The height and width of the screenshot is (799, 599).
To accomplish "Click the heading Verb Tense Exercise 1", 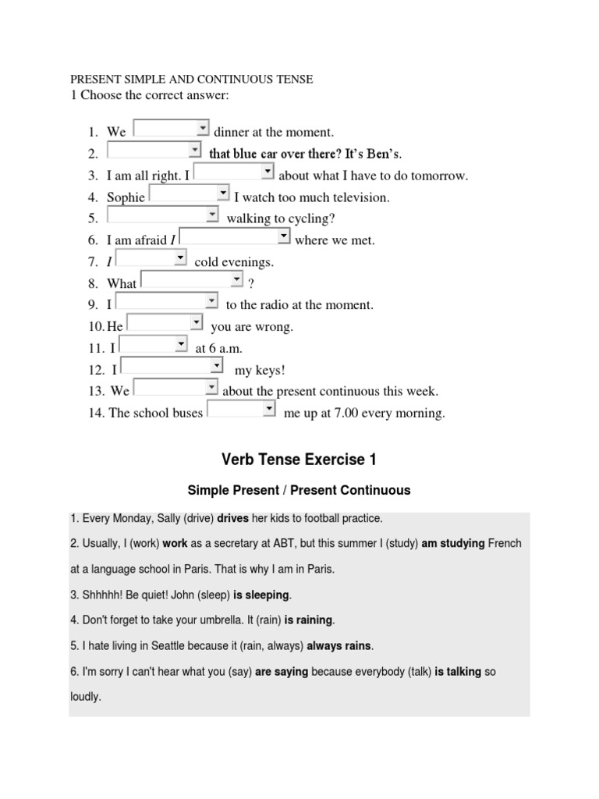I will click(x=299, y=460).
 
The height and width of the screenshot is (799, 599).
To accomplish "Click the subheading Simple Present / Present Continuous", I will click(x=299, y=491).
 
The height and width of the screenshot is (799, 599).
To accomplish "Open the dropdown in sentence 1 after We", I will click(x=171, y=130).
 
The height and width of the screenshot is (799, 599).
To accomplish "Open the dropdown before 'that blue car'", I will click(x=154, y=151).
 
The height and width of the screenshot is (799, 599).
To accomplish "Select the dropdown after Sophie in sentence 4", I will click(x=189, y=194).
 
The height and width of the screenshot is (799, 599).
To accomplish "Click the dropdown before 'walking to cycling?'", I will click(x=162, y=216).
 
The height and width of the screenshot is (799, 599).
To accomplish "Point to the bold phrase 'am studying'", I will click(x=453, y=544).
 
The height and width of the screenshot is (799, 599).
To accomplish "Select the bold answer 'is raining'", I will click(x=309, y=620).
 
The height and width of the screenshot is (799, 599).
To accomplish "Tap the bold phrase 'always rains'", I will click(x=339, y=646).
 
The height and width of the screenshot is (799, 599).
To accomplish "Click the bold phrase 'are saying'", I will click(x=281, y=672).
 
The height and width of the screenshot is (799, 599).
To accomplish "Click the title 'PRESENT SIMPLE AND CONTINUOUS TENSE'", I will click(x=192, y=80).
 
